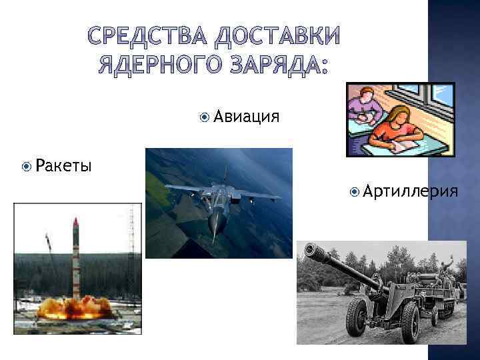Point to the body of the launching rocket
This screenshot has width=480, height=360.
tap(76, 260)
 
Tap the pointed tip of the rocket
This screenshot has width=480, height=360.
tap(76, 221)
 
